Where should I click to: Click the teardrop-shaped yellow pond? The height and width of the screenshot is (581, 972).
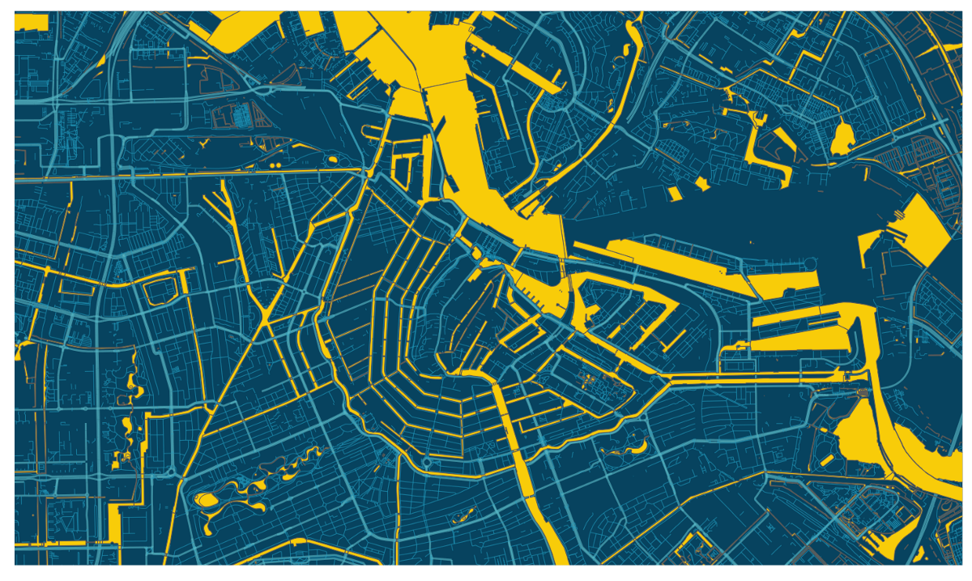[x=842, y=139]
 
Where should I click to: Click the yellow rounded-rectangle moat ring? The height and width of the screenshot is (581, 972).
[x=160, y=290]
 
